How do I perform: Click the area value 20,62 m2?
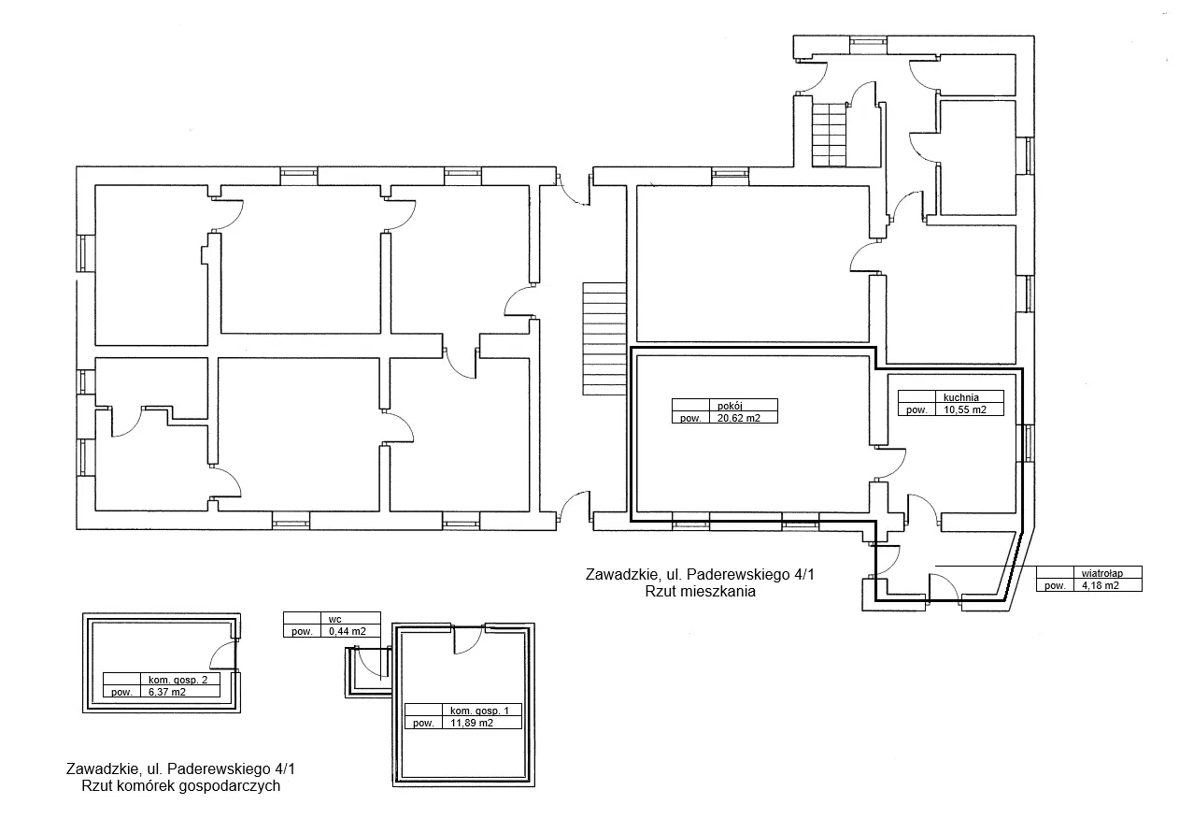[x=738, y=418]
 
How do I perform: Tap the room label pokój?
[x=730, y=406]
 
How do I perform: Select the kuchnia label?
[x=961, y=397]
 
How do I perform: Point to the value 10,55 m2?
[x=965, y=409]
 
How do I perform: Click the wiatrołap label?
[x=1102, y=573]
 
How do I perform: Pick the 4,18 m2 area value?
[x=1100, y=585]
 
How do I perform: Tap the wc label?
[x=334, y=619]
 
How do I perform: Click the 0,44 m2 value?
[x=347, y=631]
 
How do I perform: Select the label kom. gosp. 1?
[x=479, y=711]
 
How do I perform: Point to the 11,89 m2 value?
[x=472, y=723]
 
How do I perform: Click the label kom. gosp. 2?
[x=178, y=680]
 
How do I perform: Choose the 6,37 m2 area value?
[x=167, y=692]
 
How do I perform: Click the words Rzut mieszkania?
[x=700, y=591]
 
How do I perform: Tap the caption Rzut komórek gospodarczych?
[x=180, y=786]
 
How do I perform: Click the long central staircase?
[x=604, y=338]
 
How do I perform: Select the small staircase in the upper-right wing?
[x=830, y=135]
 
